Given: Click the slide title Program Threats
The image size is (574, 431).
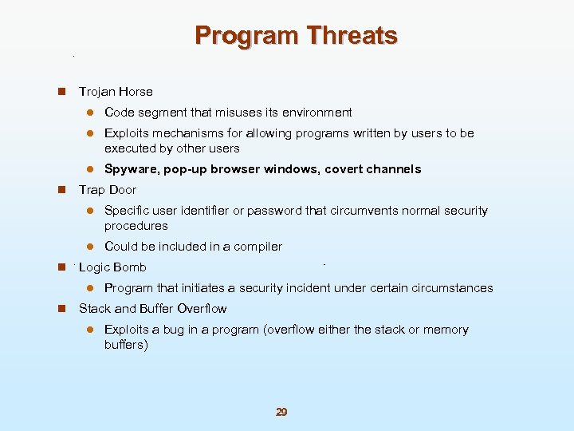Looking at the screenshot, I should click(296, 36).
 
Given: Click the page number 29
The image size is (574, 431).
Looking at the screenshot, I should click(281, 412).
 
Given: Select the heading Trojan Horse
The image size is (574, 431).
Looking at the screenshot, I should click(116, 92).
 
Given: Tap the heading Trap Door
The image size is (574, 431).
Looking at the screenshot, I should click(108, 190).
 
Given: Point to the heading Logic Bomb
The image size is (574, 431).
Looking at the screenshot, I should click(112, 267).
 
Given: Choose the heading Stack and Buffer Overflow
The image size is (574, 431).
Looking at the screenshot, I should click(152, 309).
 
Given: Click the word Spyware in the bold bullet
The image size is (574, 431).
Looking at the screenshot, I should click(131, 169).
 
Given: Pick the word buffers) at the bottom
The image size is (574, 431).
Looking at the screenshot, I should click(126, 345).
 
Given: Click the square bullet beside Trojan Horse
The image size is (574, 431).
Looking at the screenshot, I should click(61, 92).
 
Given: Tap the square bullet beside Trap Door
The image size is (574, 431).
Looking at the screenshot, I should click(61, 190).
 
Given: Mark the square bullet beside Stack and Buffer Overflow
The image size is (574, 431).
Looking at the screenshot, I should click(61, 309).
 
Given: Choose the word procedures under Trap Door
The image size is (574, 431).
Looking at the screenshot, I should click(136, 226).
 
